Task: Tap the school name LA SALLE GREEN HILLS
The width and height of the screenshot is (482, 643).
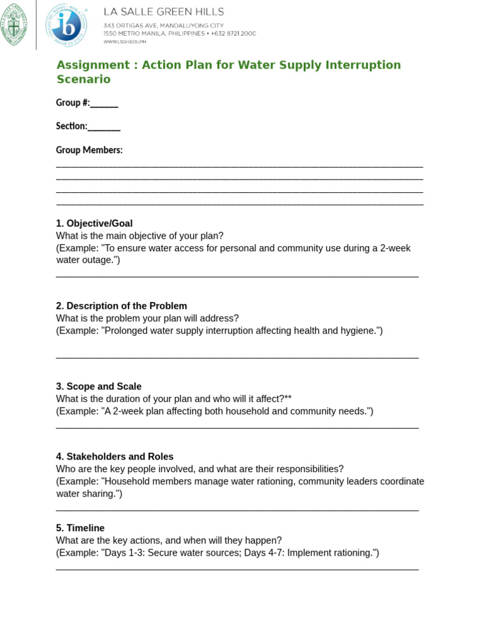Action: point(163,12)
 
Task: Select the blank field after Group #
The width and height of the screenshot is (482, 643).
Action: point(104,104)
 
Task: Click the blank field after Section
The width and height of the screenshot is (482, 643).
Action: point(104,127)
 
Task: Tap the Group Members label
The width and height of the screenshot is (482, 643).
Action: point(89,150)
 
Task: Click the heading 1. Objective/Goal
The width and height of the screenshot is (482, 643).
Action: point(94,224)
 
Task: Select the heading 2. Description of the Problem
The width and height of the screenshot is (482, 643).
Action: point(121,306)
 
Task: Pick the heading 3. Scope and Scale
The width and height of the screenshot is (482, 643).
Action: point(99,386)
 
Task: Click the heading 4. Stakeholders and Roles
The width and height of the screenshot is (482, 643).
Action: point(114,457)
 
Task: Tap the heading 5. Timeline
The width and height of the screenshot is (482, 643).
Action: point(80,528)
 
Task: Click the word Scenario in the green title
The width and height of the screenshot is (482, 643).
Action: point(83,80)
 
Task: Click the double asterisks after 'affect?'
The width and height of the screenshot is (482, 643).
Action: point(288,399)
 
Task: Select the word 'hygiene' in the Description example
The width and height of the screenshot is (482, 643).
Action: point(357,330)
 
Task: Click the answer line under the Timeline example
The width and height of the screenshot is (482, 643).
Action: point(237,569)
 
